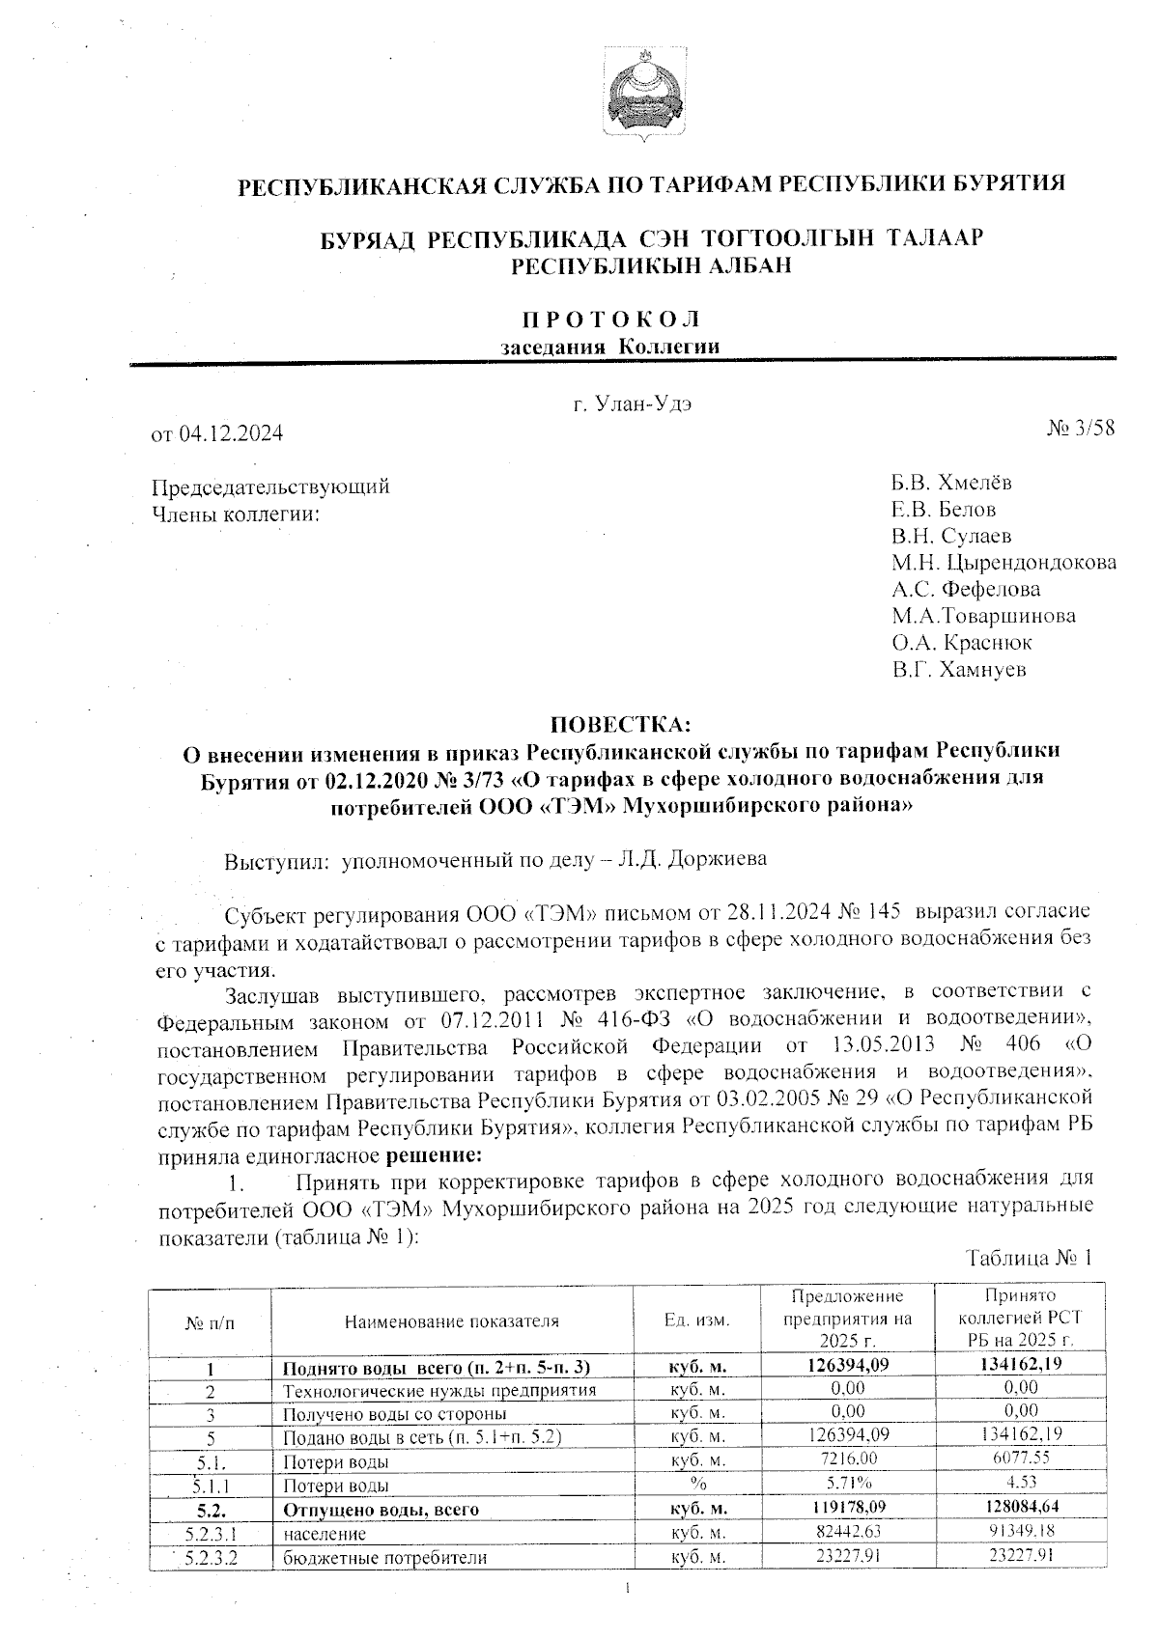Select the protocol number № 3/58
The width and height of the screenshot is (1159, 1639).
pyautogui.click(x=1081, y=429)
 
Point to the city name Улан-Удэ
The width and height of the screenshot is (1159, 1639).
pyautogui.click(x=643, y=403)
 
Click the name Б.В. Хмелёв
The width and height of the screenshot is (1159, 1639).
pyautogui.click(x=951, y=483)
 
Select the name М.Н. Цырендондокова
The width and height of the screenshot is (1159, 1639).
pyautogui.click(x=1004, y=562)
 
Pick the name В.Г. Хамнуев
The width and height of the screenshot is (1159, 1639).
pyautogui.click(x=959, y=668)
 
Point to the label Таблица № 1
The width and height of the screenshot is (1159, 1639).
pyautogui.click(x=1030, y=1259)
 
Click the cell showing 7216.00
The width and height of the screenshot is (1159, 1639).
pyautogui.click(x=847, y=1458)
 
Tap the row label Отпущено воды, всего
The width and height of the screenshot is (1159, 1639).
pyautogui.click(x=381, y=1509)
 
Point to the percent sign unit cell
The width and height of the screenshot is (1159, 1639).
pyautogui.click(x=697, y=1485)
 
